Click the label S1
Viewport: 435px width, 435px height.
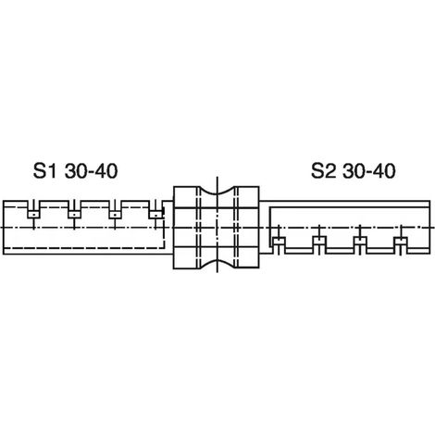[45, 171]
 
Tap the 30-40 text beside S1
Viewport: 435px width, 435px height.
[92, 171]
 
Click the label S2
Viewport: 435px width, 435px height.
[323, 171]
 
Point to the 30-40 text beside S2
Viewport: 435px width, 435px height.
[369, 171]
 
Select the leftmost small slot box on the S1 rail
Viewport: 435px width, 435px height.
[33, 214]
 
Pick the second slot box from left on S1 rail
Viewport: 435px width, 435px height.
[74, 214]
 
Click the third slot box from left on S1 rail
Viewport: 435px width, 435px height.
[115, 214]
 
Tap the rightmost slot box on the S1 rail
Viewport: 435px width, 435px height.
[155, 214]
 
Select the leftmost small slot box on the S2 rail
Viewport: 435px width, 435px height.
[279, 241]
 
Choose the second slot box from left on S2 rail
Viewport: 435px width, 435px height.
[319, 241]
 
